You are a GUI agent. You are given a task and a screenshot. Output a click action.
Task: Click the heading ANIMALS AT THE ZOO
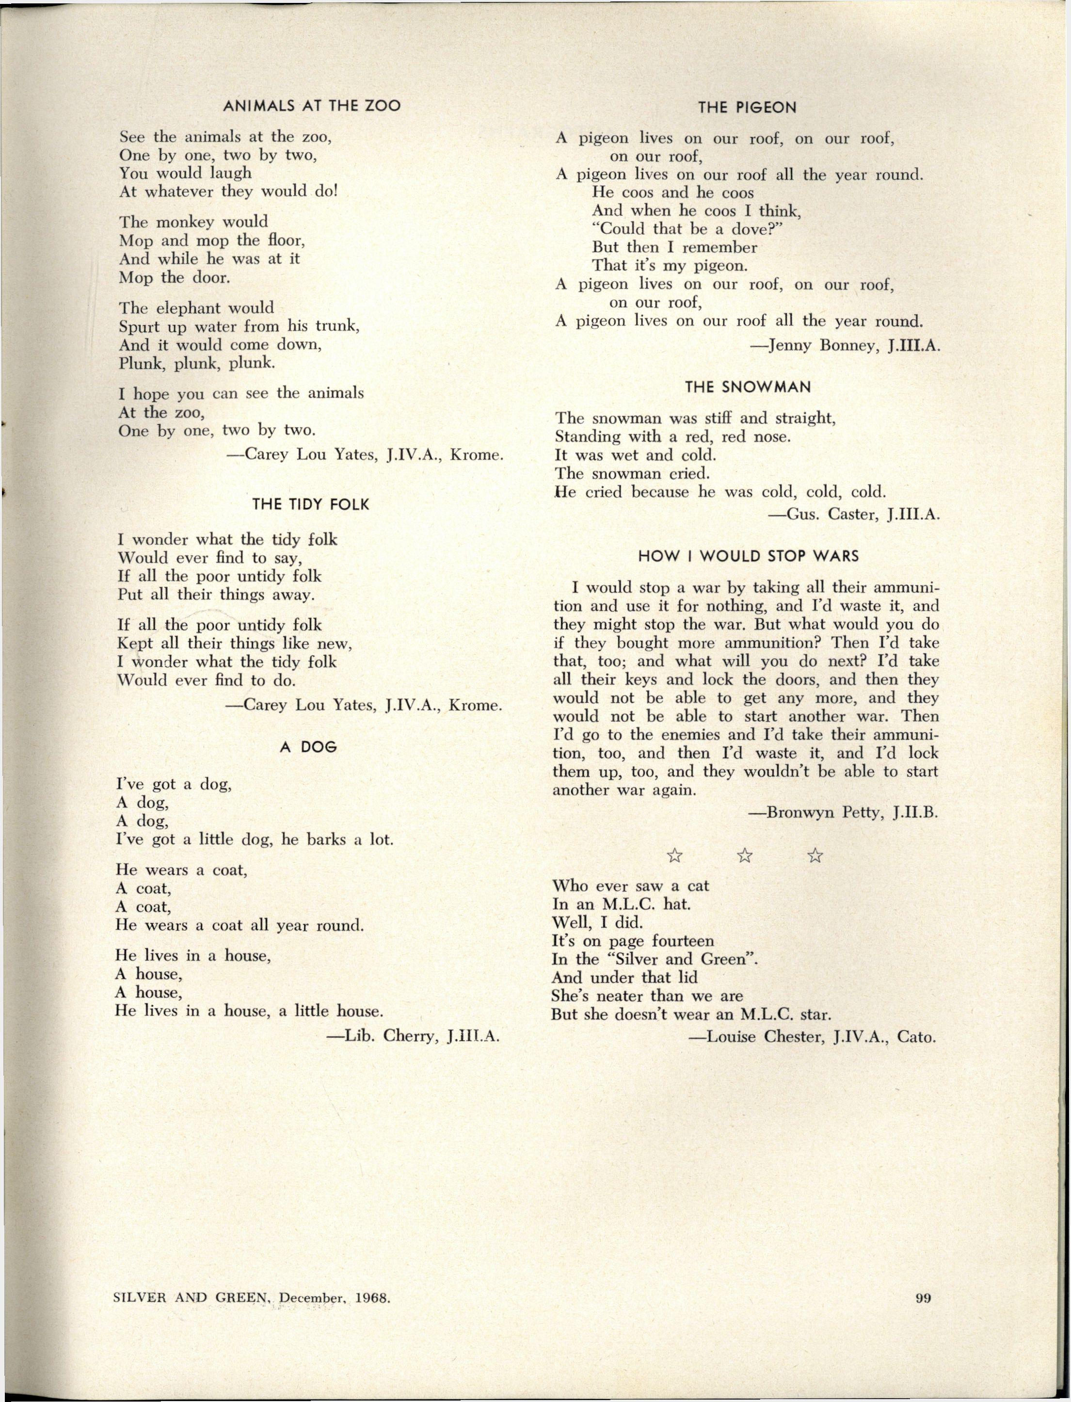tap(311, 106)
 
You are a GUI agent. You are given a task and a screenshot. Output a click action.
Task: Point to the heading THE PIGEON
tap(747, 108)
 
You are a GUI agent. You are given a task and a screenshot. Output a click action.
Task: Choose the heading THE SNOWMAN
tap(748, 387)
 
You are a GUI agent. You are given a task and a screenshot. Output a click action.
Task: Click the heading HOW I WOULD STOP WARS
tap(749, 556)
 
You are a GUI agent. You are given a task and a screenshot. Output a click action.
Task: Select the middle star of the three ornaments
tap(744, 855)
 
